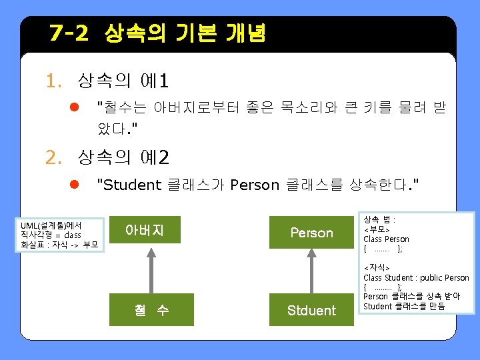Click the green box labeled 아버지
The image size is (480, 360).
(x=145, y=229)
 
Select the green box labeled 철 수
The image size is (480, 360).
(x=151, y=309)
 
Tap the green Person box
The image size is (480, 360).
(x=311, y=232)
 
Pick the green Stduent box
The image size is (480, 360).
(x=311, y=309)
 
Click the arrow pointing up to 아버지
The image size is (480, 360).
(x=151, y=271)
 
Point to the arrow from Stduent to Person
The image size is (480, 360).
(x=311, y=271)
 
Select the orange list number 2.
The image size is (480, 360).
(x=53, y=157)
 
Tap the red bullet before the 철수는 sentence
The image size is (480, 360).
(x=75, y=107)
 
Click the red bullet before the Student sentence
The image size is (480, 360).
(x=75, y=184)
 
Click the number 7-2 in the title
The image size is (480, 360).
(x=69, y=33)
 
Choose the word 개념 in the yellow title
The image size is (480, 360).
(x=245, y=33)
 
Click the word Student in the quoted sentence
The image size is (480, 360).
(x=132, y=185)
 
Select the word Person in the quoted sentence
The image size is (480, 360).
(x=255, y=185)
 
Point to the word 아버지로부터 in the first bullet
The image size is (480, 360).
(x=196, y=107)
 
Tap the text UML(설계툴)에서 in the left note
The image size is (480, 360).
(x=51, y=225)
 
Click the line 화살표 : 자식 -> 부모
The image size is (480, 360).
(x=59, y=245)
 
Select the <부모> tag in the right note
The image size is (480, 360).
(x=377, y=229)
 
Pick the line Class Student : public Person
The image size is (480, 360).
(x=416, y=277)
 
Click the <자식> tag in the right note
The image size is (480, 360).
(x=377, y=267)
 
